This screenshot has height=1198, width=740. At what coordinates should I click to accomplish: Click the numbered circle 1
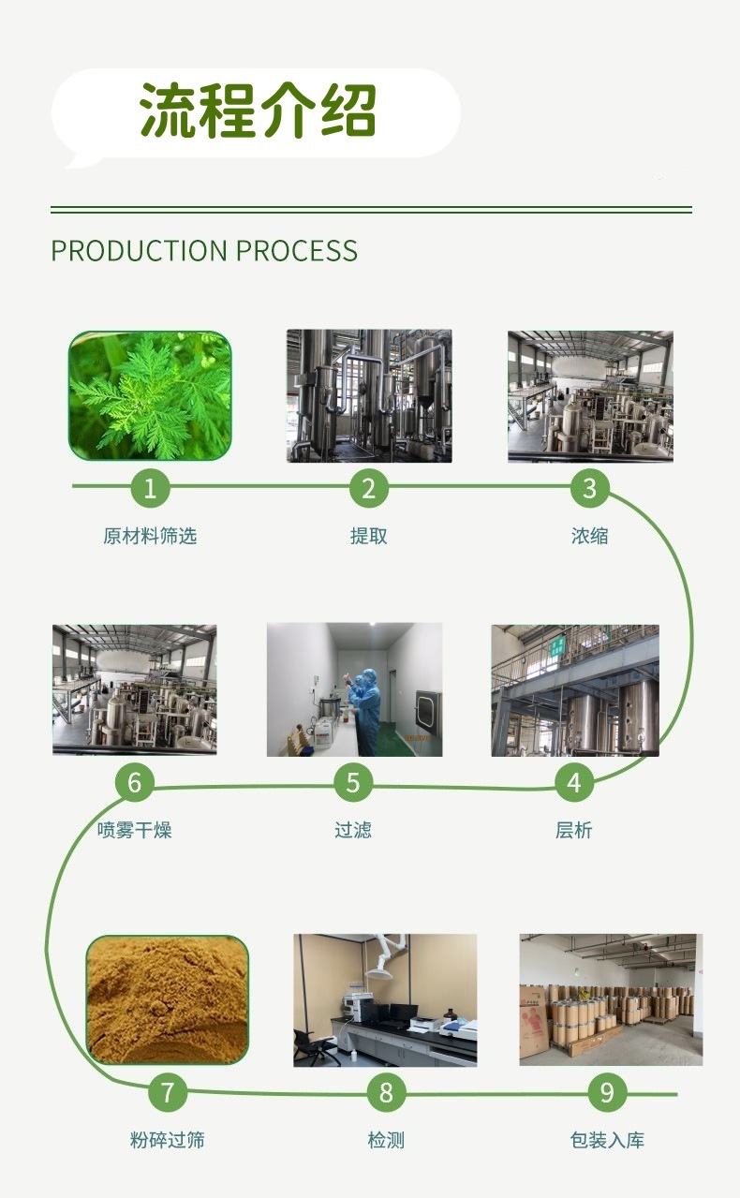pos(150,488)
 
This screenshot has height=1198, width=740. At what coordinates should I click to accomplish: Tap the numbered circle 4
pos(574,782)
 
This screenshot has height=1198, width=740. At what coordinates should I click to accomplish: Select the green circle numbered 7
pos(168,1092)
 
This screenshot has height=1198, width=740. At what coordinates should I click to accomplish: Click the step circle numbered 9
pos(607,1092)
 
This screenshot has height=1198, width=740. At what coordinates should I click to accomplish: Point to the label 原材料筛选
pos(150,536)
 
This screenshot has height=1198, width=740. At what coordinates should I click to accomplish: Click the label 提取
pos(368,536)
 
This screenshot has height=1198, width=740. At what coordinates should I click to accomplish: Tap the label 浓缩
pos(589,536)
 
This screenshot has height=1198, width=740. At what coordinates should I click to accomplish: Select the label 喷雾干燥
pos(135,830)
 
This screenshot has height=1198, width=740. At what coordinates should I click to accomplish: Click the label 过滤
pos(353,830)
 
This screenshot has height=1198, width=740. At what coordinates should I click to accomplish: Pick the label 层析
pos(573,830)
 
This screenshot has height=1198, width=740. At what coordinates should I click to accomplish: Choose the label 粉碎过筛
pos(168,1140)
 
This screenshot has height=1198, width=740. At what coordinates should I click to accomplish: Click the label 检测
pos(386,1140)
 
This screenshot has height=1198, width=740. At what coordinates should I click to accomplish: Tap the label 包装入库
pos(607,1140)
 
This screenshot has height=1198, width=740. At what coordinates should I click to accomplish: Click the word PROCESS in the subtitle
pos(296,251)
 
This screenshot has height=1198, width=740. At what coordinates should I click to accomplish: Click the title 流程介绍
pos(259,111)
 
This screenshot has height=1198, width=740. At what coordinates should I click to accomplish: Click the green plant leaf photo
pos(150,396)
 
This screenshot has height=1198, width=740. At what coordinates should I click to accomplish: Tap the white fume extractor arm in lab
pos(383,957)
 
